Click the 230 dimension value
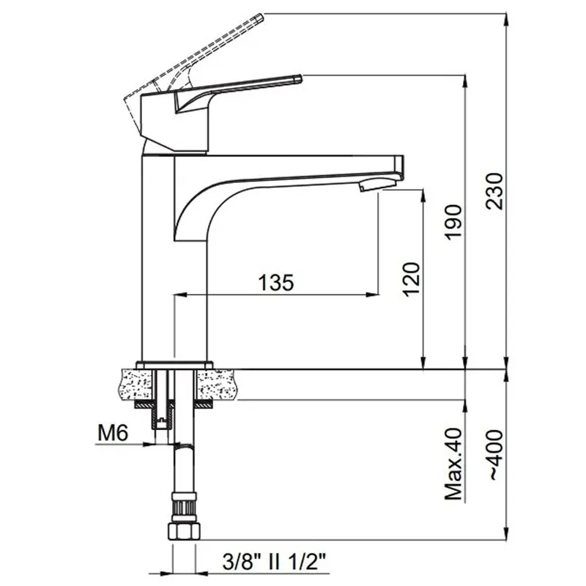[495, 191]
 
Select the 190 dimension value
[453, 222]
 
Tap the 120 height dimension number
[412, 280]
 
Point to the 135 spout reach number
[276, 283]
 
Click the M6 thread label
[113, 433]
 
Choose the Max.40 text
[453, 464]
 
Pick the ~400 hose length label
[496, 455]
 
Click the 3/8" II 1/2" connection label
[274, 562]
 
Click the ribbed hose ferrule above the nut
[184, 507]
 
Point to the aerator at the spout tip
[377, 184]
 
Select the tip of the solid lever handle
[301, 78]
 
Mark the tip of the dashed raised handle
[262, 16]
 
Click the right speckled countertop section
[216, 384]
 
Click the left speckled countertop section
[136, 384]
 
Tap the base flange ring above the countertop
[174, 365]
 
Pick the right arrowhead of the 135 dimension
[373, 295]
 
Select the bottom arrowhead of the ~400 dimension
[506, 534]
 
